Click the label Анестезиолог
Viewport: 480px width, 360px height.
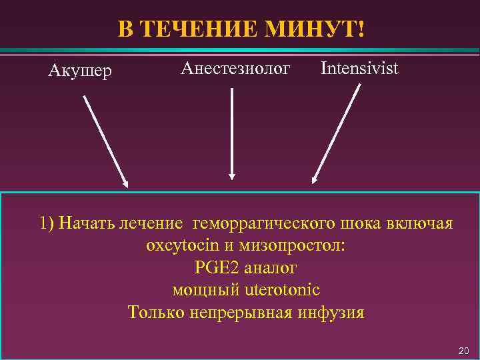(236, 68)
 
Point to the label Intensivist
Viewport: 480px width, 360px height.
(359, 68)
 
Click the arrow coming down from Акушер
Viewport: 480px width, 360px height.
(105, 140)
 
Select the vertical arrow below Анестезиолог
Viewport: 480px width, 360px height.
(232, 133)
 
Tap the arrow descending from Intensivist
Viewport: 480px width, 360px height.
(337, 133)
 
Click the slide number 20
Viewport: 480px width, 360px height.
(464, 351)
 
